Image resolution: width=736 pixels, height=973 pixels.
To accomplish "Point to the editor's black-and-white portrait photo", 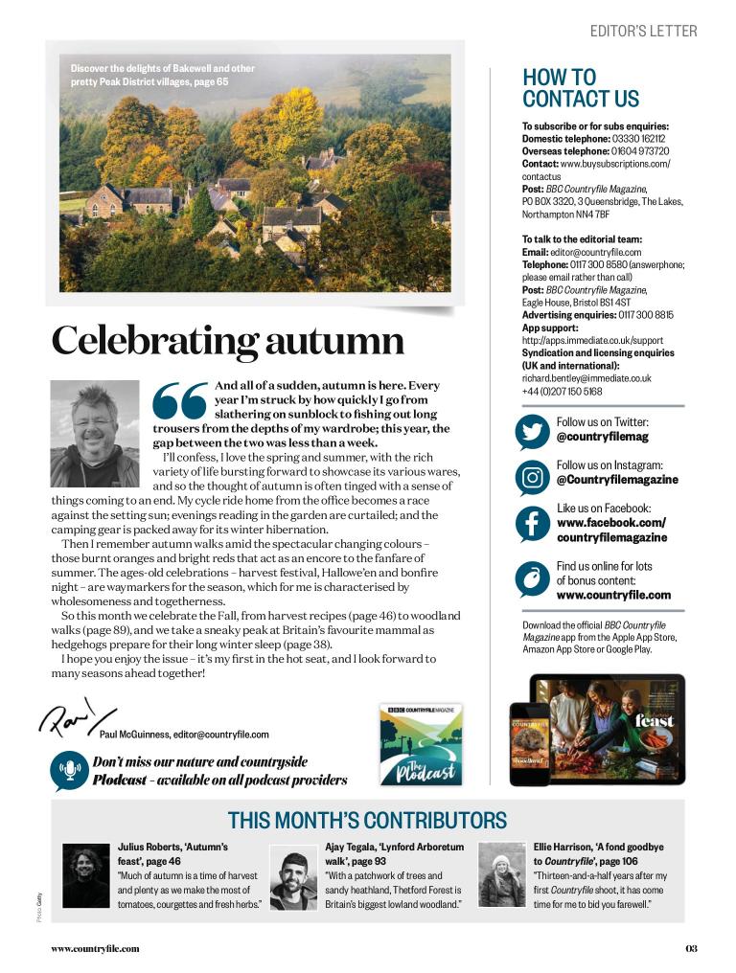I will [95, 434].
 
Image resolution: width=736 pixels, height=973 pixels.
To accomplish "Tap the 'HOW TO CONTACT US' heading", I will [581, 88].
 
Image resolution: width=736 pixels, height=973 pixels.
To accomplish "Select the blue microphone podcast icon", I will [70, 770].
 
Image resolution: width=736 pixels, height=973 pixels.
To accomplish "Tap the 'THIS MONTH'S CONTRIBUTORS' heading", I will [367, 821].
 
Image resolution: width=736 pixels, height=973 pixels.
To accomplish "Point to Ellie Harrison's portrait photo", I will [501, 874].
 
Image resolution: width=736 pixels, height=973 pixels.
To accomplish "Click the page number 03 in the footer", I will [691, 949].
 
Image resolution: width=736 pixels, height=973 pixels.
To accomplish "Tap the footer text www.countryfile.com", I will [95, 949].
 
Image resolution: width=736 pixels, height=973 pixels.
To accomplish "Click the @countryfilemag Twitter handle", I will [602, 437].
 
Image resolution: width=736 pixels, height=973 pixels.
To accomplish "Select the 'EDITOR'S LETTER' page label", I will [643, 31].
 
